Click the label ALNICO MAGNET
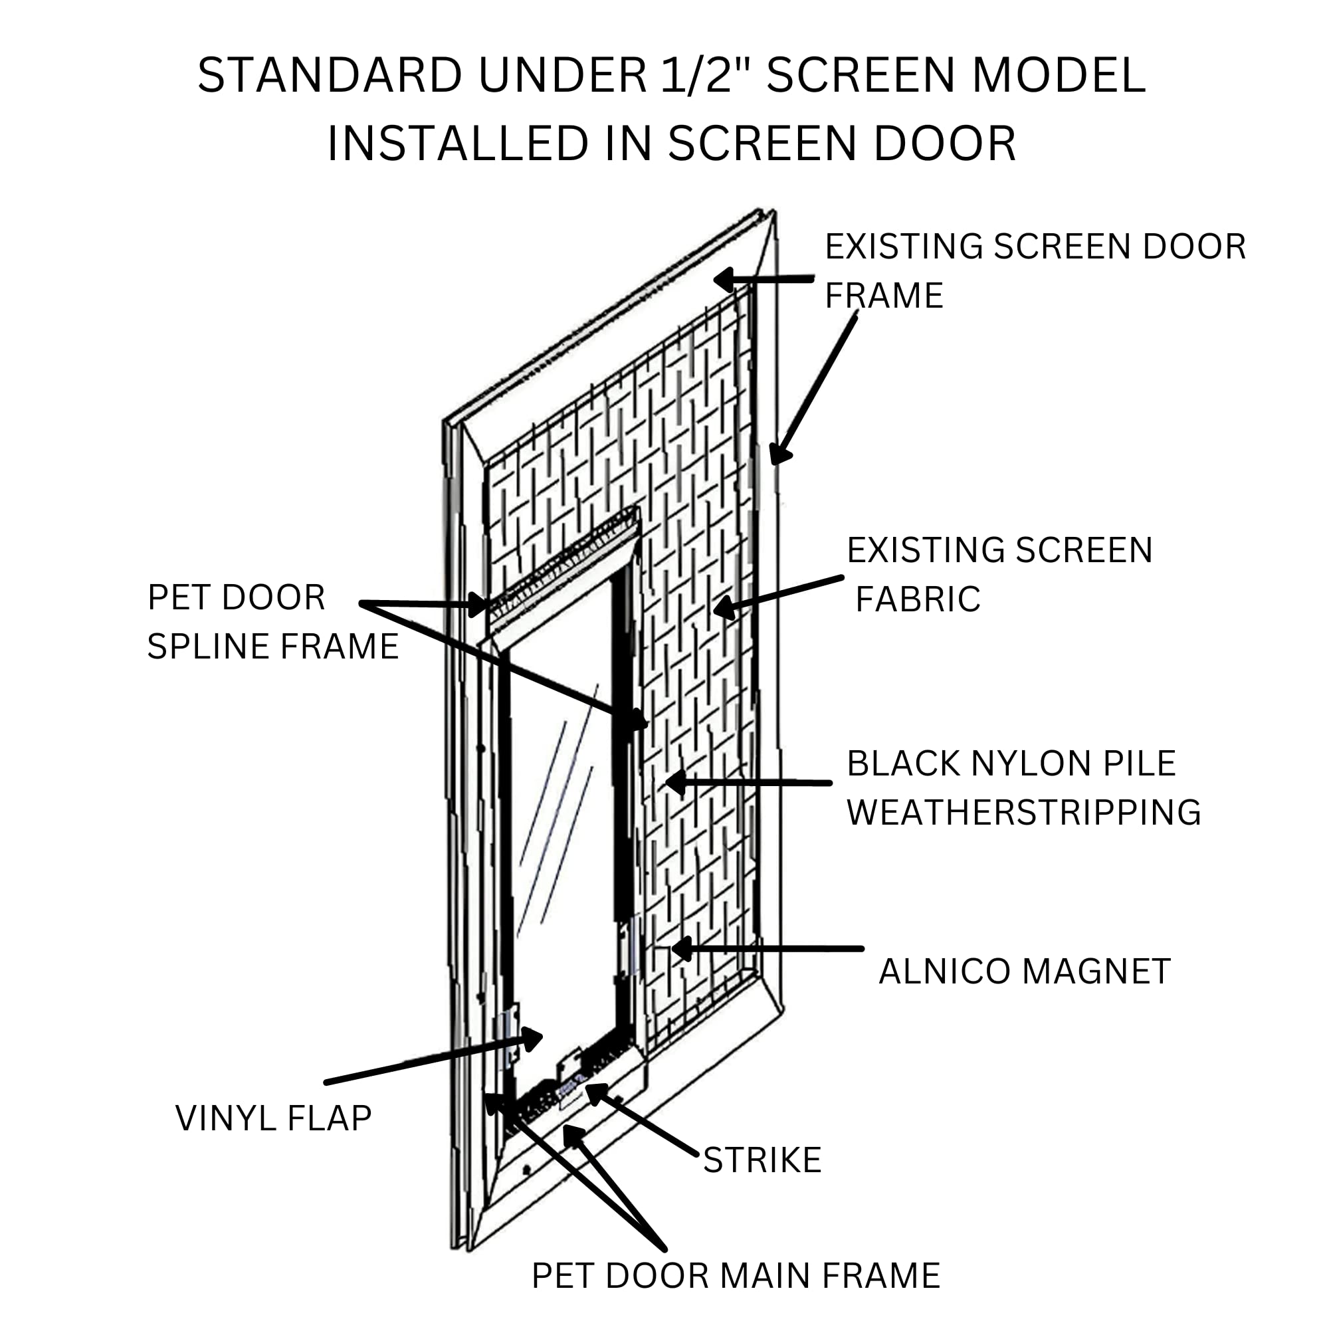pyautogui.click(x=1024, y=971)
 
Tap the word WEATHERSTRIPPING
pyautogui.click(x=1023, y=813)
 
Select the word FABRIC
pyautogui.click(x=918, y=599)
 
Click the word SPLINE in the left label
pyautogui.click(x=209, y=647)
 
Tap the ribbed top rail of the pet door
pyautogui.click(x=564, y=564)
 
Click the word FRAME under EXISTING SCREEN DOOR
pyautogui.click(x=883, y=296)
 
